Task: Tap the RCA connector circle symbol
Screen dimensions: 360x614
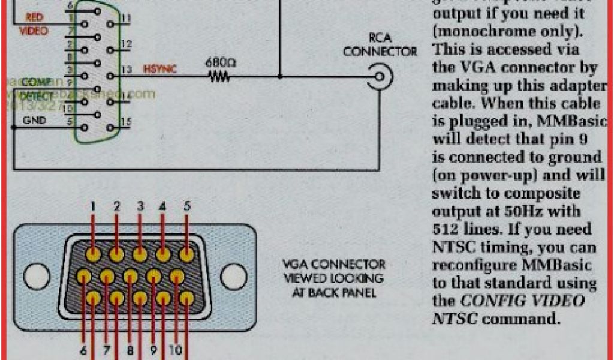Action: coord(381,77)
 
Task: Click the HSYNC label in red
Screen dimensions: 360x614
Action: coord(160,70)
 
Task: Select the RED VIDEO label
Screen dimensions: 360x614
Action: coord(34,24)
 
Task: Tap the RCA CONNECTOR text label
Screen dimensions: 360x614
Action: coord(380,45)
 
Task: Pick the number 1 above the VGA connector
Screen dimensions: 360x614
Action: coord(93,207)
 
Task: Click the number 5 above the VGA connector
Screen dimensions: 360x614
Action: coord(187,206)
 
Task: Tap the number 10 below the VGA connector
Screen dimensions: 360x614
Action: coord(177,347)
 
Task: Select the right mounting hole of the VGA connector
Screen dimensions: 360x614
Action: coord(233,277)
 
